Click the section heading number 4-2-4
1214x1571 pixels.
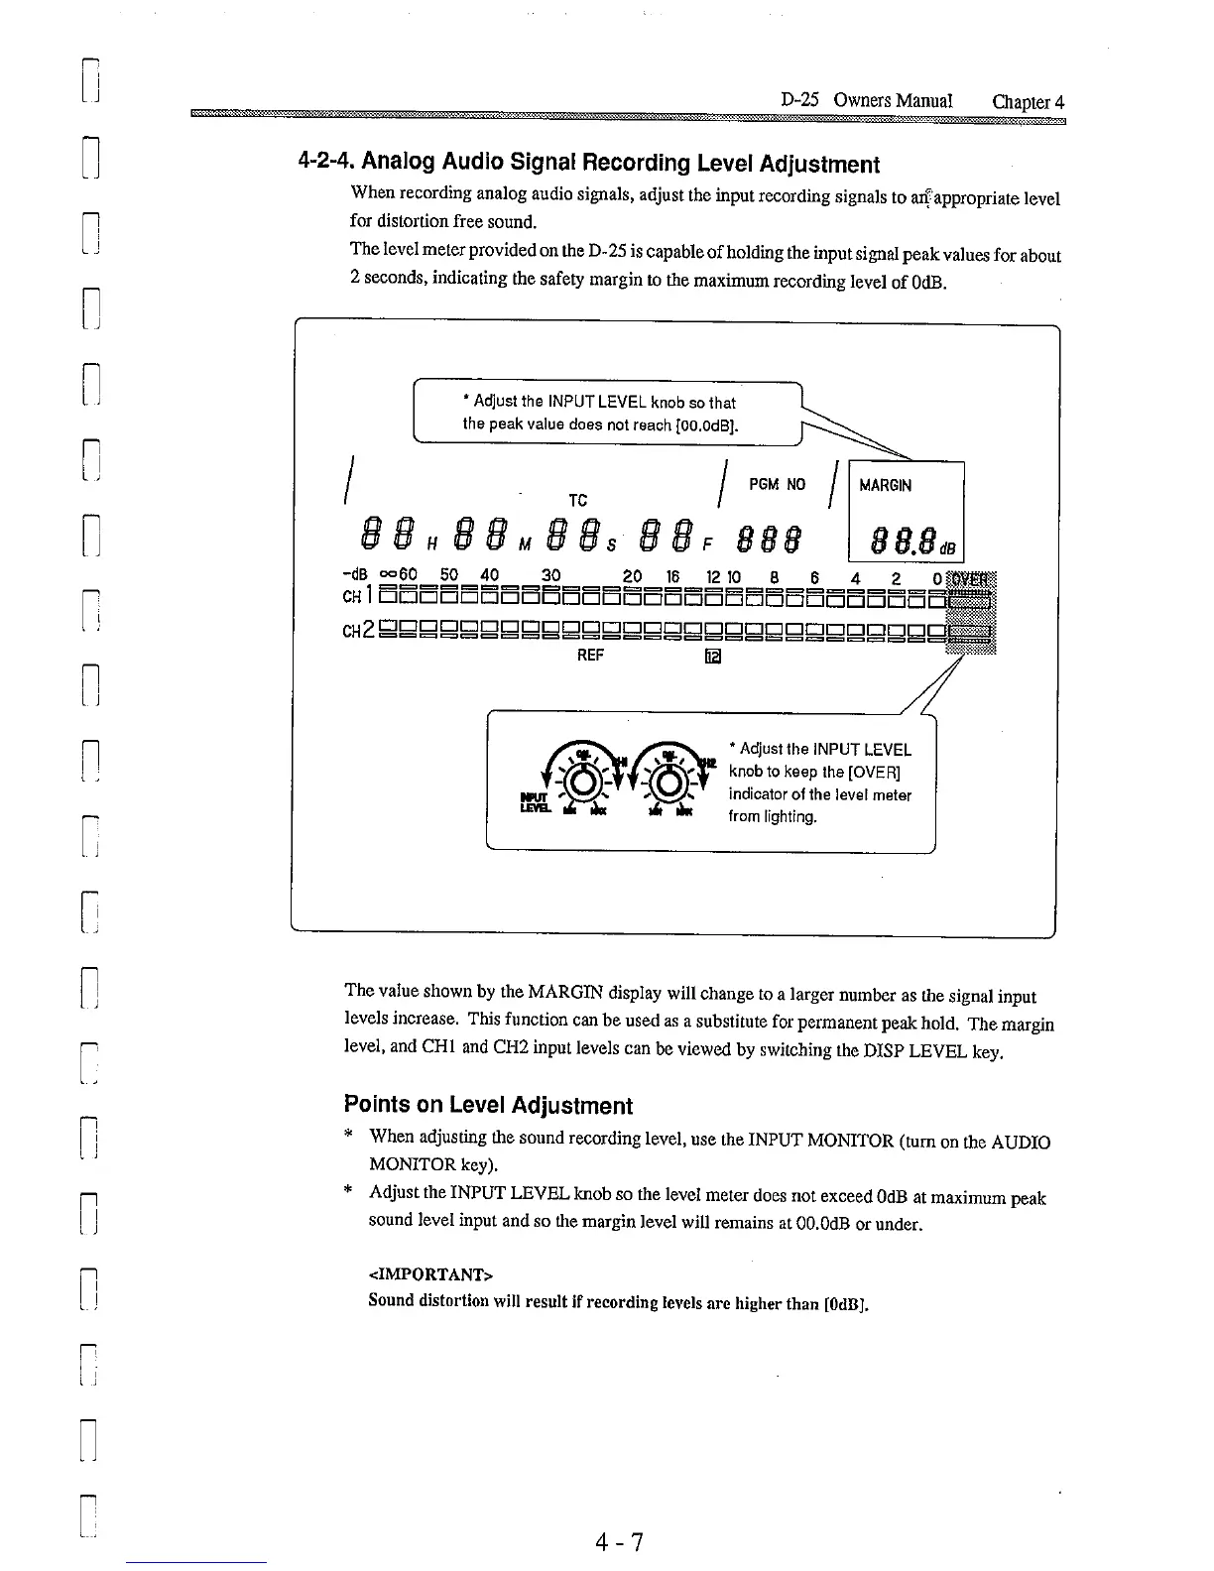tap(326, 162)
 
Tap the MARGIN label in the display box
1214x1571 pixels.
tap(885, 486)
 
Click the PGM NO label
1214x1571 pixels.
tap(777, 485)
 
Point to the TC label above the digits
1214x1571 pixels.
tap(576, 501)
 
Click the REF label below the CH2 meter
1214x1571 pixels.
tap(590, 655)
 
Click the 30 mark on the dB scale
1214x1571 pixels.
tap(551, 575)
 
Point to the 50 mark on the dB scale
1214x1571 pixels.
tap(449, 575)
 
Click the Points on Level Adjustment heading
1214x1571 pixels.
tap(487, 1105)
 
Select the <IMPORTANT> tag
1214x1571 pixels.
tap(429, 1273)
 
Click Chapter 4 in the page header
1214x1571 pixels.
tap(1028, 101)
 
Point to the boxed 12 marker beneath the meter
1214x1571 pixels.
tap(712, 657)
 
